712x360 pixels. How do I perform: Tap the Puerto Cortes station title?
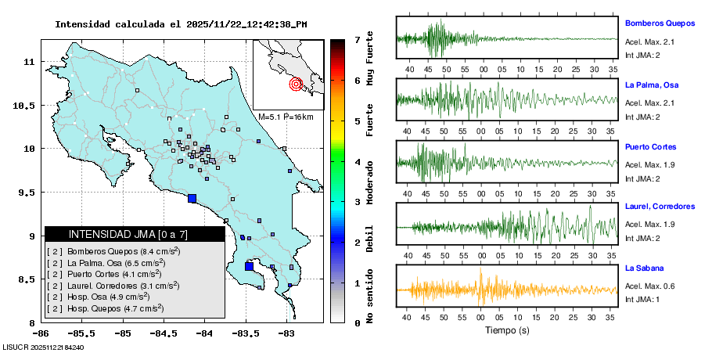pos(650,146)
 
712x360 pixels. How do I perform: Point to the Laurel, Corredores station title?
pos(660,207)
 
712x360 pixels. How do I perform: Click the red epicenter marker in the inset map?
pos(296,84)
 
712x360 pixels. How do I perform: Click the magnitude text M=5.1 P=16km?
pos(286,117)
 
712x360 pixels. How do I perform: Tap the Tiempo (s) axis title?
pos(506,331)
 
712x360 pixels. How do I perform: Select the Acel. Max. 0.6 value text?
pos(649,286)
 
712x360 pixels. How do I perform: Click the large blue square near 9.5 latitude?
pos(192,198)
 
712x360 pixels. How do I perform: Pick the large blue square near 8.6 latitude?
pos(249,266)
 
